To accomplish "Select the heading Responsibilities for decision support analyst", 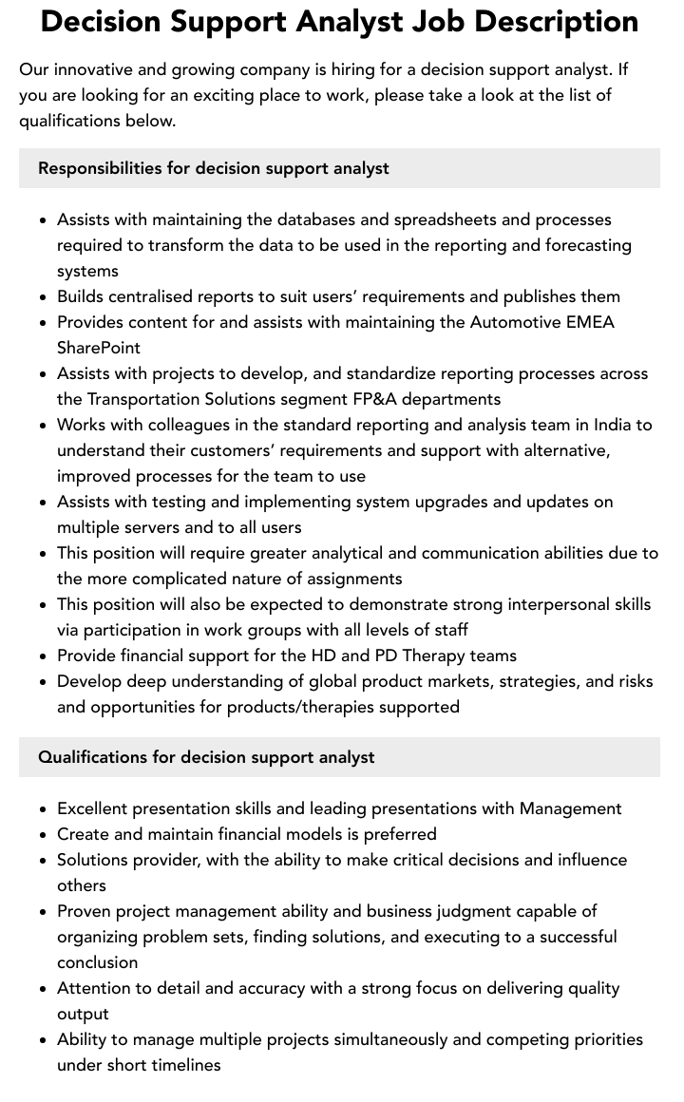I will [x=214, y=168].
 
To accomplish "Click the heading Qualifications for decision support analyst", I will [x=206, y=757].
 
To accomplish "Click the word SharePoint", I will [x=99, y=348].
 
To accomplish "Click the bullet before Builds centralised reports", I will [x=44, y=297].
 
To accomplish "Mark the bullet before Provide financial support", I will [x=44, y=656].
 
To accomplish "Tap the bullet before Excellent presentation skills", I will [x=44, y=809].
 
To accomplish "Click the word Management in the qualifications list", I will [x=570, y=808].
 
